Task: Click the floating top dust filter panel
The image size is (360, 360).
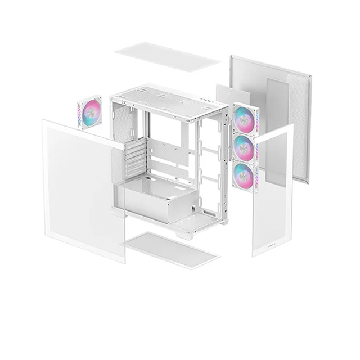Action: click(167, 57)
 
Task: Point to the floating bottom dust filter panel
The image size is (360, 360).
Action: click(172, 250)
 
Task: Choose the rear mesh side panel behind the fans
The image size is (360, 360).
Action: click(276, 101)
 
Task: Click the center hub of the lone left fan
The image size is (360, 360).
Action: click(91, 114)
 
